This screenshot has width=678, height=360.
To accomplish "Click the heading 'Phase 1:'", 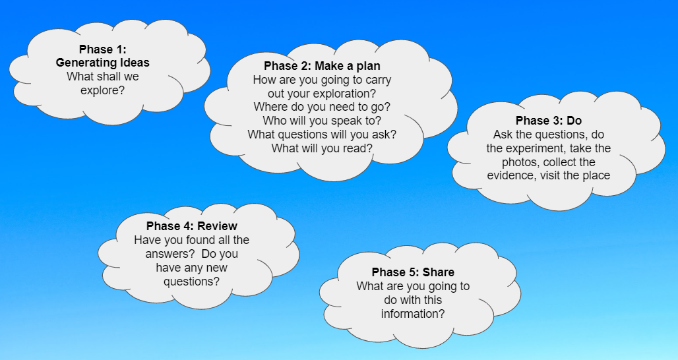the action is point(102,49).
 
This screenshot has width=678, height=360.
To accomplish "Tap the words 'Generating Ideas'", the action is point(102,63).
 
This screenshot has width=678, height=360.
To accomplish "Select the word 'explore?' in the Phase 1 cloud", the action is point(102,91).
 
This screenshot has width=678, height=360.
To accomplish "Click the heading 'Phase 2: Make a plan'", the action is point(322,66).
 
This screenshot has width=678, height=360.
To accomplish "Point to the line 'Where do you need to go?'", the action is point(322,107).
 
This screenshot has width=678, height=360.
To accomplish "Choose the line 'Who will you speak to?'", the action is point(322,121).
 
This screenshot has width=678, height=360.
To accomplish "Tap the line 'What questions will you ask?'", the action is point(322,135).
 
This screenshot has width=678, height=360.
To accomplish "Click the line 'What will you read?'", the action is point(322,148).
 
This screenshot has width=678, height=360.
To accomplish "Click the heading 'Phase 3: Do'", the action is point(549,121).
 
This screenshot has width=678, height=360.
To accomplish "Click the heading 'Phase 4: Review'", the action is point(191,226).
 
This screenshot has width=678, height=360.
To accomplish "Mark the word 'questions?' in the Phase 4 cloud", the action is point(191,282).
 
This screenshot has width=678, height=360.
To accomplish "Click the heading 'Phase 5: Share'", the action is point(413,272).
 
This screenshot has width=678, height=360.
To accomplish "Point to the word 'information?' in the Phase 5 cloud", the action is point(413,314).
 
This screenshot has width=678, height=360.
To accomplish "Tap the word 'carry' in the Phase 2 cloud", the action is point(378,80).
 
